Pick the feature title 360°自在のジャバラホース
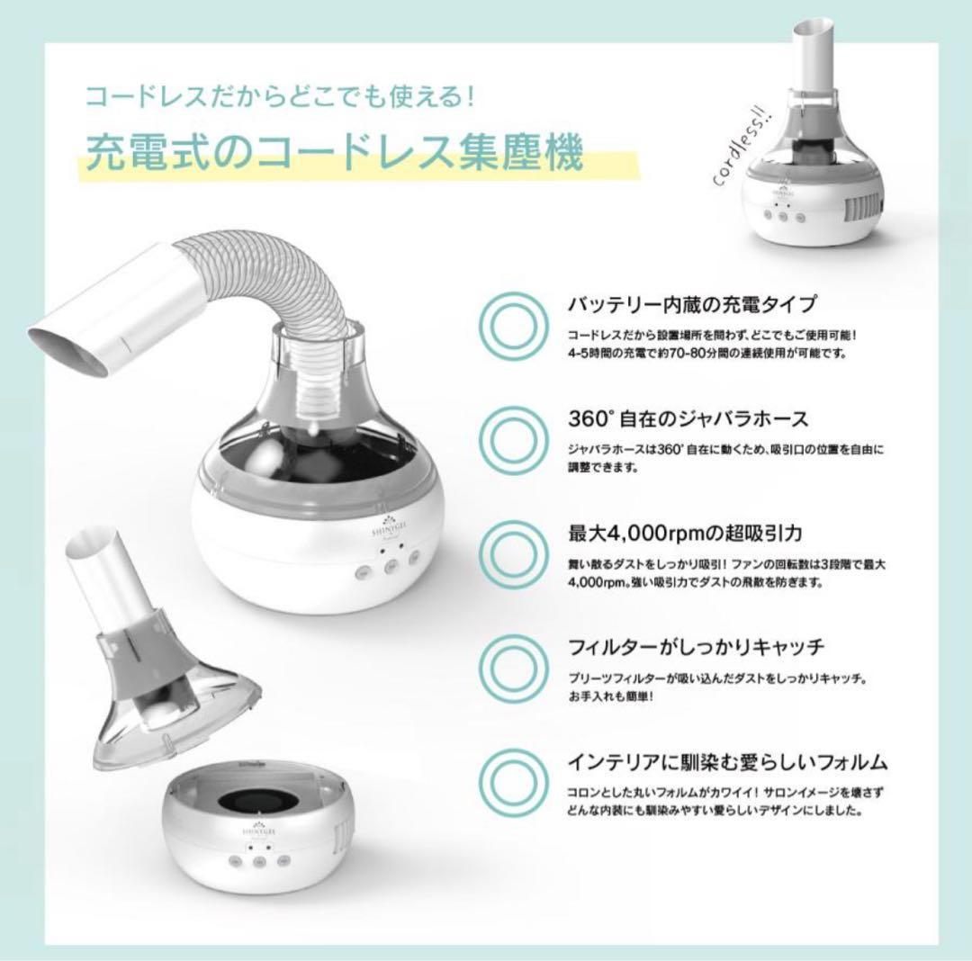tap(688, 418)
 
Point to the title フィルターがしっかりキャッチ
tap(696, 647)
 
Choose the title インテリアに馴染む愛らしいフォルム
tap(727, 762)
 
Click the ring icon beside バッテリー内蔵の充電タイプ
tap(508, 324)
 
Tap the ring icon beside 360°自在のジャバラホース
tap(508, 439)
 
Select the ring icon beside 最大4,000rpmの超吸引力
tap(508, 552)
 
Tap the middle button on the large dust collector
tap(390, 568)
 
